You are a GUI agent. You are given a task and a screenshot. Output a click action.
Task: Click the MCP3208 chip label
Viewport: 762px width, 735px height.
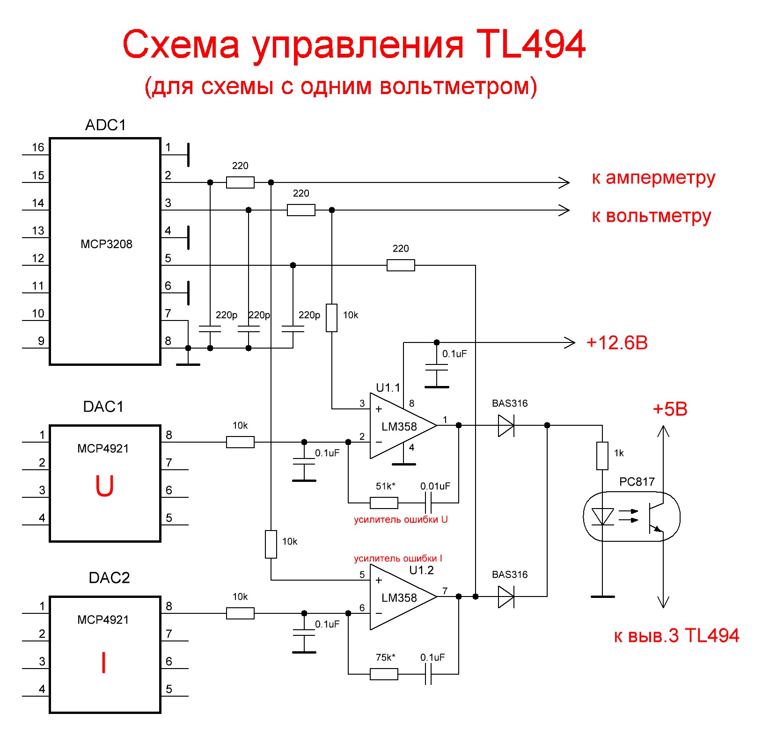[x=106, y=244]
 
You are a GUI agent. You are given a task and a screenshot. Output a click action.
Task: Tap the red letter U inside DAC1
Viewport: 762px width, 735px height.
[x=104, y=486]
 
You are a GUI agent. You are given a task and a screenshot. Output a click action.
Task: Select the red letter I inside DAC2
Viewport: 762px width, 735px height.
[x=103, y=662]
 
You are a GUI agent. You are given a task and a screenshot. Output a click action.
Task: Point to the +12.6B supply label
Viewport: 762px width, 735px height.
[x=617, y=342]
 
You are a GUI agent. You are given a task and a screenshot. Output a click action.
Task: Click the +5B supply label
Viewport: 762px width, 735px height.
[x=670, y=409]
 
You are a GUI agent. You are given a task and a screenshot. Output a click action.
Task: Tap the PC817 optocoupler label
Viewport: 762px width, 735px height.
[x=637, y=481]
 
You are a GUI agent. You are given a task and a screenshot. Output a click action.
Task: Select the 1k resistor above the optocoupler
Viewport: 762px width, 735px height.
[x=602, y=456]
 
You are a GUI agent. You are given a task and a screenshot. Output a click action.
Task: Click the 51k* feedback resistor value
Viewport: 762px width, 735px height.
[x=385, y=486]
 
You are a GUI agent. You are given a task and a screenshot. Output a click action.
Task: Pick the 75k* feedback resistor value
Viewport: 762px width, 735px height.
[x=385, y=657]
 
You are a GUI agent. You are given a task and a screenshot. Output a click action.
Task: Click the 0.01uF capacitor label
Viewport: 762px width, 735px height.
[x=435, y=486]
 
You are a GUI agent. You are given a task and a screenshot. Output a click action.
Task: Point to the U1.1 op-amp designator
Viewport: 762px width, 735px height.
[x=388, y=387]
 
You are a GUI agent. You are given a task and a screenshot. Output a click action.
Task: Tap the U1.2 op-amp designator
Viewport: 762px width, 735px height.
[x=421, y=570]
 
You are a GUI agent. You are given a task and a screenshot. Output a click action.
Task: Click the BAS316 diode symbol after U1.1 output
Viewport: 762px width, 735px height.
[x=506, y=425]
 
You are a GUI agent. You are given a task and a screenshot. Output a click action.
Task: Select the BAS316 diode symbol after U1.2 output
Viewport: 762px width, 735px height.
[x=506, y=597]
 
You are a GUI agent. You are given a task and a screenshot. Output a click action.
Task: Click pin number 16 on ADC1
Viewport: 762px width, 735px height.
[x=38, y=147]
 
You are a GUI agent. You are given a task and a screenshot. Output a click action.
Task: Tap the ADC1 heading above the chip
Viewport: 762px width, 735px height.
[x=106, y=125]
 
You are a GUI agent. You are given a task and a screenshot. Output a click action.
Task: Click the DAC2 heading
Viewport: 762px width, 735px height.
[x=109, y=578]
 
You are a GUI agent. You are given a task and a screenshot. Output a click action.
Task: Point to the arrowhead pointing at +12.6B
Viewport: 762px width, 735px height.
[x=570, y=343]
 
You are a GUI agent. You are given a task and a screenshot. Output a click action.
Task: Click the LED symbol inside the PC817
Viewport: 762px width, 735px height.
[x=602, y=517]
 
